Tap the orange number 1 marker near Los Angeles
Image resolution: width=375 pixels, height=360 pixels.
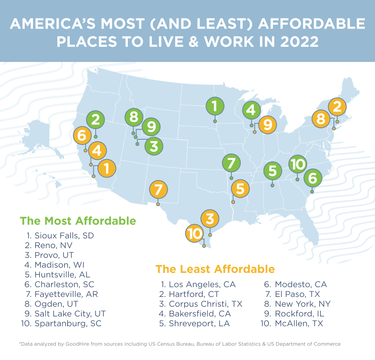click(106, 169)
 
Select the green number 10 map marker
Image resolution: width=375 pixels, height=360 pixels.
click(298, 164)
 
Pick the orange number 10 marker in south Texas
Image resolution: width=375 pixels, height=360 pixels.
click(195, 234)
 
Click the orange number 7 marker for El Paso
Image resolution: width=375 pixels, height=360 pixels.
click(158, 190)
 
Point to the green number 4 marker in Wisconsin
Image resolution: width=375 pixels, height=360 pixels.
click(251, 110)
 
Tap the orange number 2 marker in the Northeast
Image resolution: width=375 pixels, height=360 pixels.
click(337, 107)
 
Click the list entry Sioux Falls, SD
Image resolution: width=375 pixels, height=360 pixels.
click(64, 236)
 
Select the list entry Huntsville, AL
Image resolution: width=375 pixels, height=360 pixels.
click(62, 275)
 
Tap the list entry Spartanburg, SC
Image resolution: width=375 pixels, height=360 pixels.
click(67, 324)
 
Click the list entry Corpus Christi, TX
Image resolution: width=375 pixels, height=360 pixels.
click(205, 304)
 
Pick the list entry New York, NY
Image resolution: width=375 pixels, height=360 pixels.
click(303, 304)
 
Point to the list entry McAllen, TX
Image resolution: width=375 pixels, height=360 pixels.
click(298, 324)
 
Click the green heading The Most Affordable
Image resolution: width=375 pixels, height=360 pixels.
click(78, 221)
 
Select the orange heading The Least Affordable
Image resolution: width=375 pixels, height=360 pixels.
click(215, 269)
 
